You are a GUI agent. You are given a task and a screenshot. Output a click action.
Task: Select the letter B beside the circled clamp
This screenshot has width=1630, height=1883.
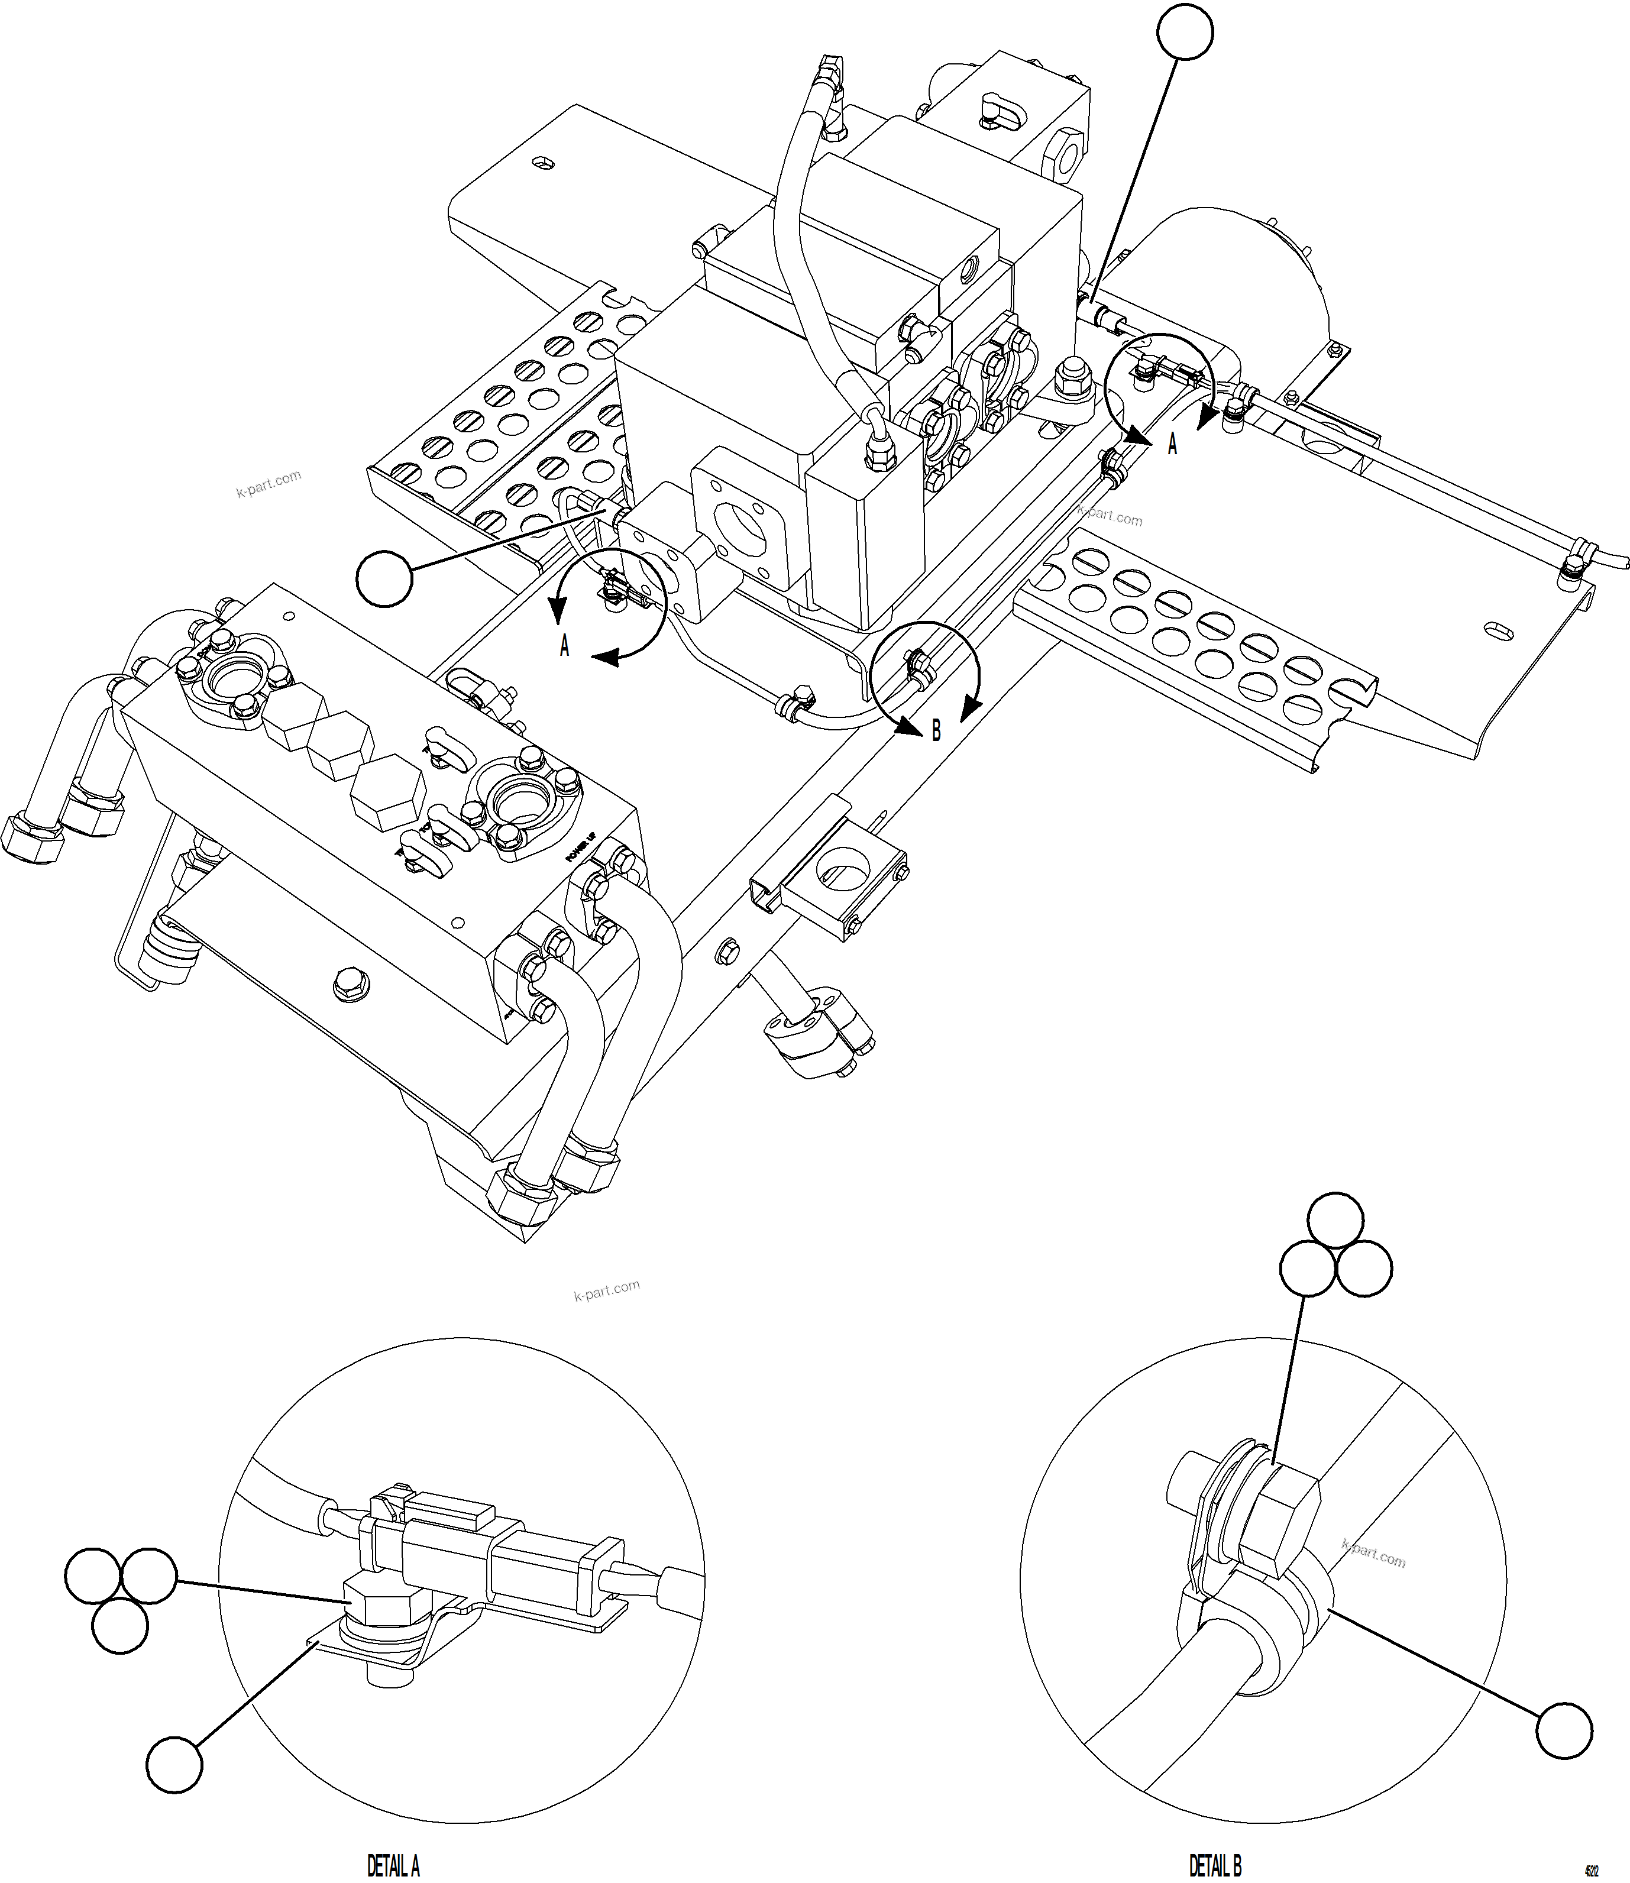(x=936, y=730)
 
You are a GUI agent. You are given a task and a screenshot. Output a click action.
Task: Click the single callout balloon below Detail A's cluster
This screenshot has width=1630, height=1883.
(x=174, y=1765)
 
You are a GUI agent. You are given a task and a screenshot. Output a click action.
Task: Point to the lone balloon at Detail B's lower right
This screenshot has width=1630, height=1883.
(x=1564, y=1729)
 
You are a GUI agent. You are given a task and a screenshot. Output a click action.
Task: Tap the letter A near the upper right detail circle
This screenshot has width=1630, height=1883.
(x=1172, y=444)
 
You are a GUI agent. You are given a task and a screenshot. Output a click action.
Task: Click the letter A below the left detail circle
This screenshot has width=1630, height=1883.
(x=565, y=647)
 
